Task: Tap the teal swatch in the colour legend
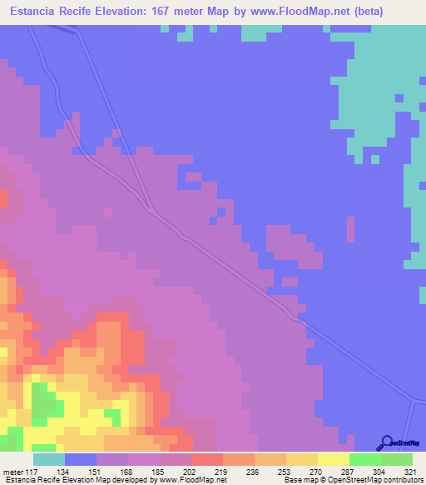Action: pyautogui.click(x=49, y=459)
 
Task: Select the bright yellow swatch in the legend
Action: pyautogui.click(x=333, y=459)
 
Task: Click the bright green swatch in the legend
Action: pyautogui.click(x=364, y=459)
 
